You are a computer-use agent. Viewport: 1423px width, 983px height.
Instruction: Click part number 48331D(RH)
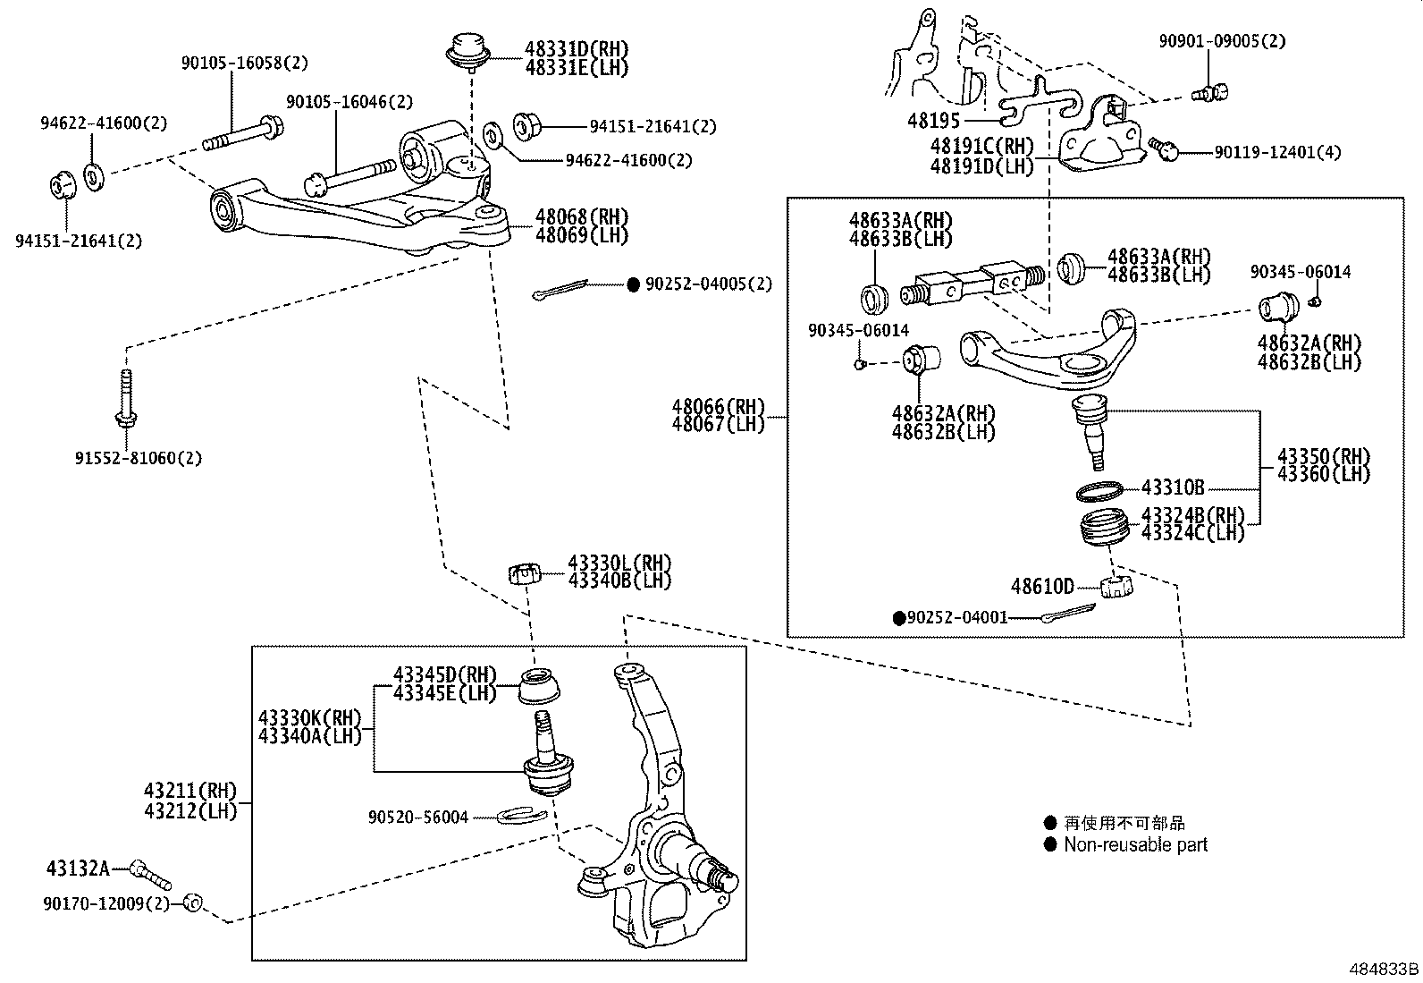click(x=577, y=49)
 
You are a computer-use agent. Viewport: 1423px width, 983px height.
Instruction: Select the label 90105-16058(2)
click(x=244, y=64)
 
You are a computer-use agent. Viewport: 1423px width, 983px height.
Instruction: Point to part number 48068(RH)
click(x=582, y=216)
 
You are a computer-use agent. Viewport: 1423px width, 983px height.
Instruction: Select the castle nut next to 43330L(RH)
click(x=526, y=572)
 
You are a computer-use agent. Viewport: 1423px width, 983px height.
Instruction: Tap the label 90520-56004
click(x=417, y=817)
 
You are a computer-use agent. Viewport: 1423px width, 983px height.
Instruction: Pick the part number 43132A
click(x=78, y=868)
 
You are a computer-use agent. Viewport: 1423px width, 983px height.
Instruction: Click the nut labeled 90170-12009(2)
click(x=192, y=902)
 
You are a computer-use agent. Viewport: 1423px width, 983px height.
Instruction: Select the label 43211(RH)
click(x=190, y=791)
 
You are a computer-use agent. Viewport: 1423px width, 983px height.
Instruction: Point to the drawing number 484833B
click(x=1384, y=969)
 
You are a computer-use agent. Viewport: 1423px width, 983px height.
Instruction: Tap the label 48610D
click(x=1042, y=587)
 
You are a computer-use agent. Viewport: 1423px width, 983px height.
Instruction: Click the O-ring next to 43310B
click(x=1099, y=492)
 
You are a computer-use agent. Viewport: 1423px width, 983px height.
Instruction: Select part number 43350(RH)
click(x=1324, y=455)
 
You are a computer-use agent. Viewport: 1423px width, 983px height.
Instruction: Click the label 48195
click(x=933, y=120)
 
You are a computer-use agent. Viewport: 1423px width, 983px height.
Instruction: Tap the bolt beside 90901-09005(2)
click(x=1212, y=91)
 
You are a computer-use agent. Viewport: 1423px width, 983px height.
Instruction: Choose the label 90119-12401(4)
click(x=1277, y=153)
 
